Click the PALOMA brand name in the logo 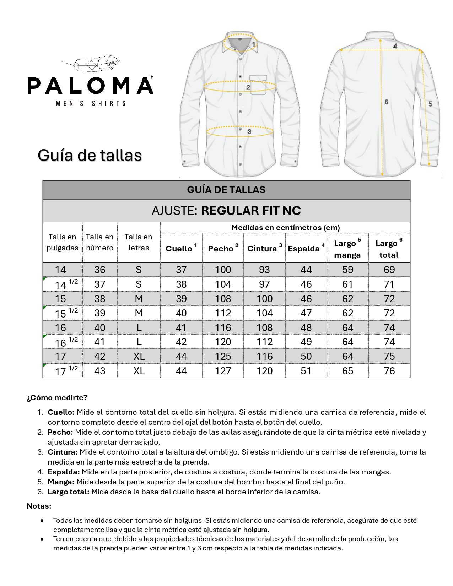[x=90, y=86]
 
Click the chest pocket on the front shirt [x=258, y=85]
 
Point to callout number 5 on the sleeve [x=430, y=104]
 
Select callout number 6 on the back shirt [x=387, y=102]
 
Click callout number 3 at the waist [x=249, y=132]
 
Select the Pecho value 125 [x=223, y=357]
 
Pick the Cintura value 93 [x=264, y=270]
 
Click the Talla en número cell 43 [x=99, y=371]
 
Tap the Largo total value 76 [x=389, y=371]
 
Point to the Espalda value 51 [x=306, y=371]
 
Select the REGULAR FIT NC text [x=251, y=211]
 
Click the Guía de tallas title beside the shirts [x=90, y=156]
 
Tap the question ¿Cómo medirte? [x=57, y=398]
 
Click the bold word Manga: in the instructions [x=61, y=482]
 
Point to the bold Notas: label [x=39, y=506]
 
